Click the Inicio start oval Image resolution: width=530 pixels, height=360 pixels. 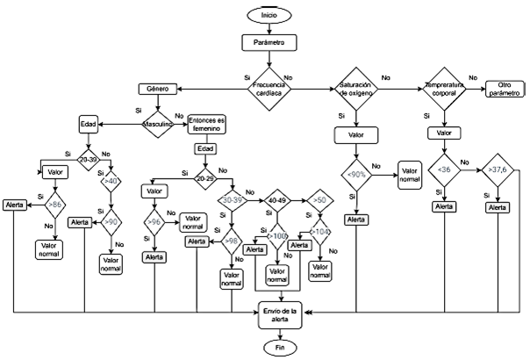[269, 15]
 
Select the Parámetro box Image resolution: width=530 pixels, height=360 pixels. [269, 41]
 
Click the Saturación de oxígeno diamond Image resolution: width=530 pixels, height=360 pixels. [356, 89]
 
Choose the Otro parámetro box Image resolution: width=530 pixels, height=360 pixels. [504, 89]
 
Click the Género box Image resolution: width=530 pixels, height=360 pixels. [159, 89]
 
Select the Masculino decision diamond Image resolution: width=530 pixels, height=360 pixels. [159, 125]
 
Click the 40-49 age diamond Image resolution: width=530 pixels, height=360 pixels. [277, 200]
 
